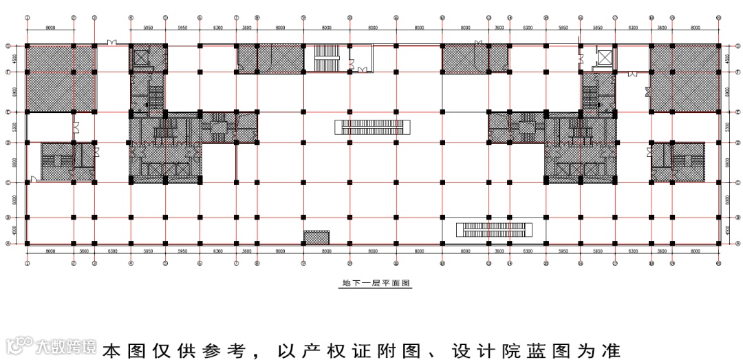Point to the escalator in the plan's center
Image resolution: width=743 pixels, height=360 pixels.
372,127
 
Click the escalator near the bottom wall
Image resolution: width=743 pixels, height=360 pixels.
495,228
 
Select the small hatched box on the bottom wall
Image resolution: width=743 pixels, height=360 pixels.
316,237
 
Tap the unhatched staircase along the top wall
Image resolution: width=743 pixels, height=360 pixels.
327,59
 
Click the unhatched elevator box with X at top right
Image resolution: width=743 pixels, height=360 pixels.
603,57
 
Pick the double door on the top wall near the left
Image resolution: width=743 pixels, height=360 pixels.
112,43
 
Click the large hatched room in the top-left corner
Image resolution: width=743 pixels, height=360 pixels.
61,78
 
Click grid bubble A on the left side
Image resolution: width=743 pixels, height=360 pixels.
8,243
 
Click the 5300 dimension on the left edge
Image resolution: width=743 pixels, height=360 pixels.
14,127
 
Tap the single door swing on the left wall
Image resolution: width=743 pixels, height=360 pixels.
33,180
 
